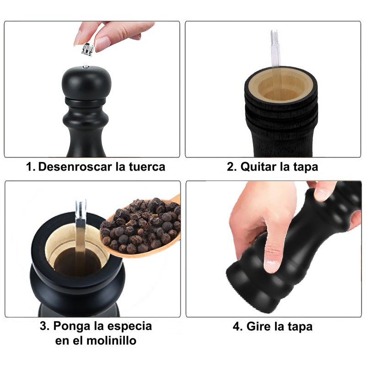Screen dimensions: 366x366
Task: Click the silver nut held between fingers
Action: (88, 49)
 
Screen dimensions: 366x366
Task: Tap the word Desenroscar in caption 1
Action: (75, 167)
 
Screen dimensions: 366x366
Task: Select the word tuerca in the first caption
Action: (147, 167)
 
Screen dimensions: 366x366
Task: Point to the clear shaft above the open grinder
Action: (274, 48)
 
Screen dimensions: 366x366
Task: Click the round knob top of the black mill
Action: (86, 82)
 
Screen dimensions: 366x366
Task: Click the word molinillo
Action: (111, 340)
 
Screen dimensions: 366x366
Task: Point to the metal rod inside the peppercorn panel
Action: (81, 233)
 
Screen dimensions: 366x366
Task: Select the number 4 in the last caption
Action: (236, 326)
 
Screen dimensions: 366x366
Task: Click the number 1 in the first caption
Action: (29, 167)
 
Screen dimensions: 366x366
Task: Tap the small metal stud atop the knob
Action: (86, 67)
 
